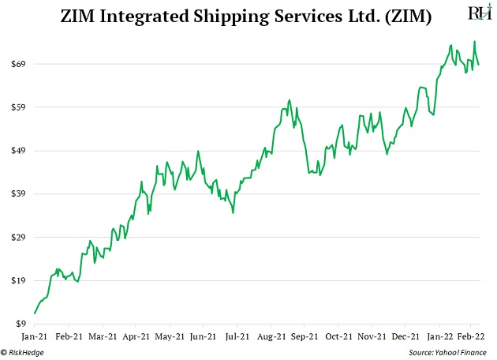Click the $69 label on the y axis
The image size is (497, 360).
[x=17, y=63]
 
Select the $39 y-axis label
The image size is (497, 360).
[x=17, y=193]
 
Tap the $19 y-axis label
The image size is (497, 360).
[x=17, y=280]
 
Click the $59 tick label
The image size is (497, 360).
[x=17, y=107]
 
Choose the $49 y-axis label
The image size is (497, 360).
[x=17, y=150]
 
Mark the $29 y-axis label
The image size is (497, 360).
[x=17, y=237]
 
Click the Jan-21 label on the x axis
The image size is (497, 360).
[x=35, y=336]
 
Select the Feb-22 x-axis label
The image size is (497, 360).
[x=470, y=336]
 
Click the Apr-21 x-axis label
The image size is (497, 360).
[x=136, y=336]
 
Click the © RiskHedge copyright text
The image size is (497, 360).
[x=23, y=352]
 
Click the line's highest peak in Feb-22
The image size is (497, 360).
[x=474, y=42]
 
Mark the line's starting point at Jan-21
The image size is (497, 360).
[x=35, y=313]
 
